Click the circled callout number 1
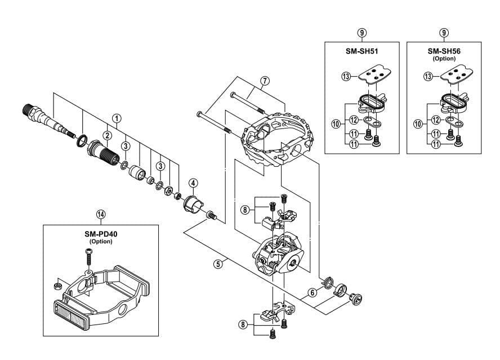pyautogui.click(x=116, y=118)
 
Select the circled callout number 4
pyautogui.click(x=193, y=183)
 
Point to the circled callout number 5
pyautogui.click(x=224, y=262)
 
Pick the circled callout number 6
pyautogui.click(x=311, y=292)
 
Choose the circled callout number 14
pyautogui.click(x=101, y=214)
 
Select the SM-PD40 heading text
pyautogui.click(x=101, y=234)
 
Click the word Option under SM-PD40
pyautogui.click(x=101, y=241)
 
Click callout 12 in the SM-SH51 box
pyautogui.click(x=354, y=119)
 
